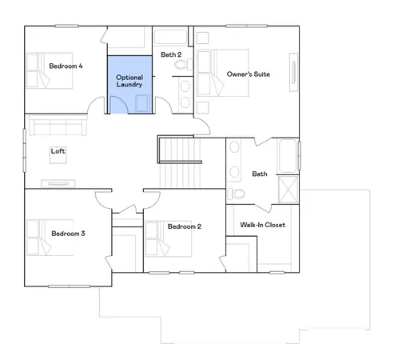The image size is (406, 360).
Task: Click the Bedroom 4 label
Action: pos(66,66)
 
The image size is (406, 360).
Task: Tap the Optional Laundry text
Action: pos(129,80)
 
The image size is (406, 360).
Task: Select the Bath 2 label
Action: pos(170,54)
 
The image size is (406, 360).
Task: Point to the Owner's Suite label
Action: pos(249,74)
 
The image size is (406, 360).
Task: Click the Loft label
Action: pos(58,150)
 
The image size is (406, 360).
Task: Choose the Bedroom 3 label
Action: pos(68,234)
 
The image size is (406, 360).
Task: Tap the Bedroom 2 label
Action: pos(184,226)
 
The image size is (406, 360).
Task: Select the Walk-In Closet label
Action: pos(262,225)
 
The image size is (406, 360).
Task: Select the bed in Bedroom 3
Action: pos(35,235)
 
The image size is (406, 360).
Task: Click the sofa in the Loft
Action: pos(55,126)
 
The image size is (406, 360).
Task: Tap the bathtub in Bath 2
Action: pos(169,37)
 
